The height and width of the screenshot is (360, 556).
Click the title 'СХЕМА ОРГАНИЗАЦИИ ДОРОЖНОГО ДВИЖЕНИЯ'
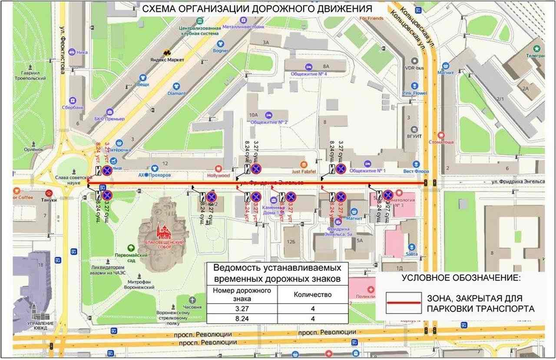tap(258, 8)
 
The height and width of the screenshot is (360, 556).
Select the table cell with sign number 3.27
tap(242, 308)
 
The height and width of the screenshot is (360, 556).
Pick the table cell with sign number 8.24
tap(242, 319)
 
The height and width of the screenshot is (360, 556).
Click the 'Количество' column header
tap(313, 294)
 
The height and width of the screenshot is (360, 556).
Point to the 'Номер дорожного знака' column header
tap(242, 294)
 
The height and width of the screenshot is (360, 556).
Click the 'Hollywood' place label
tap(219, 175)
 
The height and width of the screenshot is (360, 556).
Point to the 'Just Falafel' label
tap(303, 171)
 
